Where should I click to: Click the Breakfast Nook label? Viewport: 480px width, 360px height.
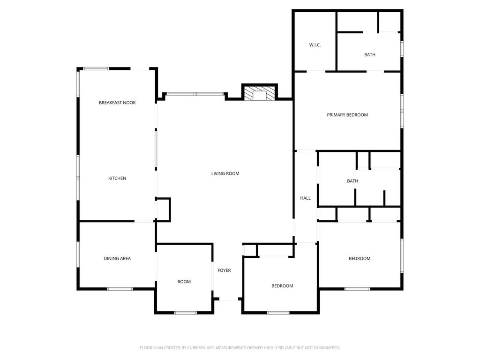point(117,103)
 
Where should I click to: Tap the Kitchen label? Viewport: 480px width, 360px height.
point(117,178)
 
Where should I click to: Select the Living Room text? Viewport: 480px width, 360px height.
point(225,173)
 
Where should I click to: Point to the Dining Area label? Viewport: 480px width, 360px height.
point(117,258)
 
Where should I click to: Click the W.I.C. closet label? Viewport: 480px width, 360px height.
point(315,45)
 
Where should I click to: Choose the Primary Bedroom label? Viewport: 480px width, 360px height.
point(347,115)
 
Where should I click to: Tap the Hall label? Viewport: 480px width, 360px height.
point(306,198)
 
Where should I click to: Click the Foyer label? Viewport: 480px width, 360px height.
point(225,270)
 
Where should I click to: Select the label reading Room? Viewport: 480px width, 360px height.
point(184,282)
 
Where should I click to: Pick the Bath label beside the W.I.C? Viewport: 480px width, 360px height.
point(370,55)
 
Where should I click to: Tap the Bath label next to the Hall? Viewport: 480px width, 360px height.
point(352,181)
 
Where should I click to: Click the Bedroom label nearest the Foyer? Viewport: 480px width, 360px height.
point(282,286)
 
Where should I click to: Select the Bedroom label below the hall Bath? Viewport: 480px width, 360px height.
point(360,258)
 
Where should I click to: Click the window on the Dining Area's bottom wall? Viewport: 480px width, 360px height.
point(120,289)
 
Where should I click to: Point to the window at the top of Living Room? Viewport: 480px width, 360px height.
point(195,94)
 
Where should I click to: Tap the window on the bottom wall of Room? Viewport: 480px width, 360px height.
point(186,313)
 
